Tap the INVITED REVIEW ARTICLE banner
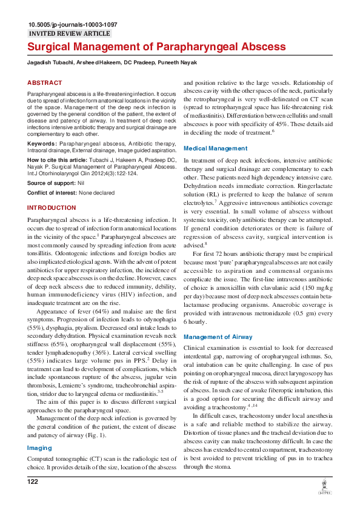[70, 34]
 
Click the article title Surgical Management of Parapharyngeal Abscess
[156, 47]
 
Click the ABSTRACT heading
[45, 82]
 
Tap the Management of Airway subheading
[218, 337]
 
